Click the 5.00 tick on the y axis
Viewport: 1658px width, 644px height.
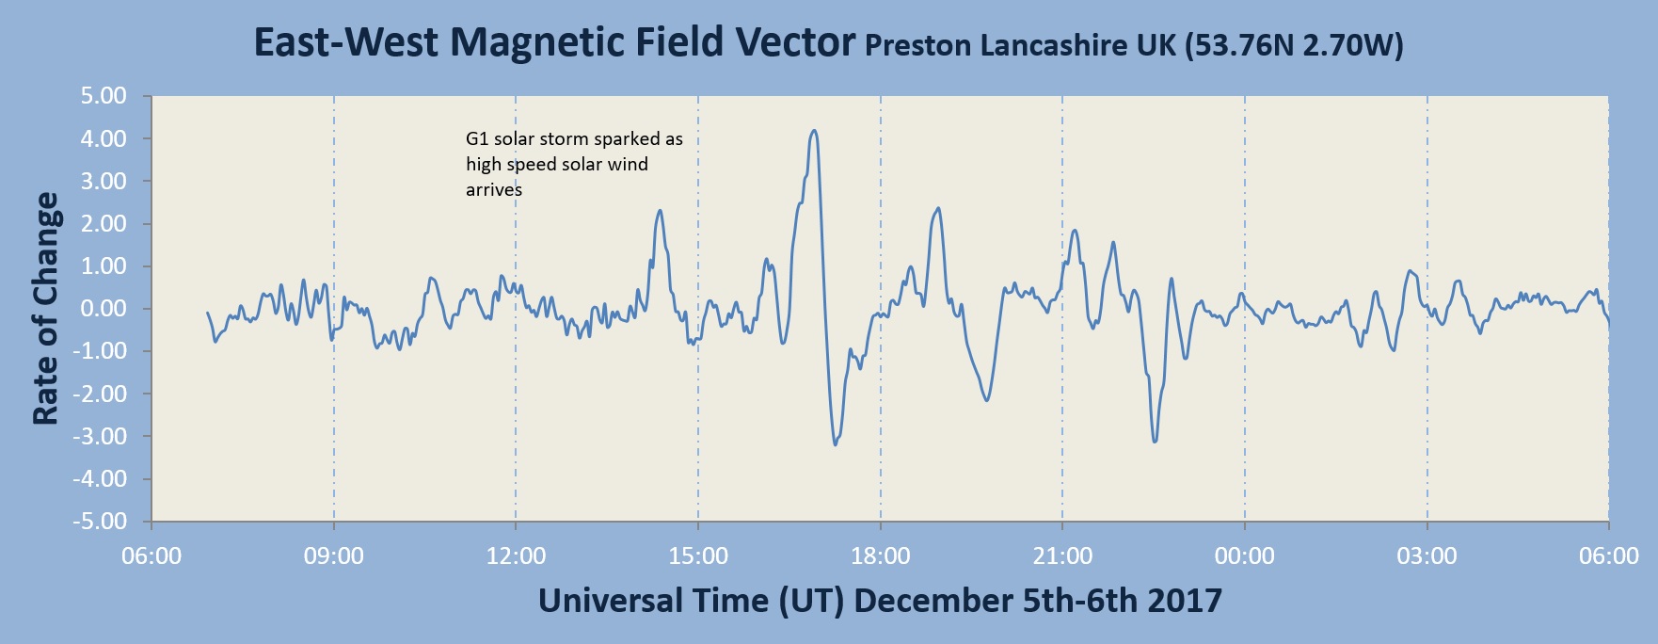point(104,96)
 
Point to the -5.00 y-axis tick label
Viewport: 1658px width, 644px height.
point(100,522)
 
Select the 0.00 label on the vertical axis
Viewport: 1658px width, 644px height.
point(104,309)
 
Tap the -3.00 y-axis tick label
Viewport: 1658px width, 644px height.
point(100,437)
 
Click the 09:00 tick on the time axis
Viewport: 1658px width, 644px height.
point(334,556)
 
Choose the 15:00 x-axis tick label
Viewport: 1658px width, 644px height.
point(698,556)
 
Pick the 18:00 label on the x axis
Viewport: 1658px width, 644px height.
point(881,556)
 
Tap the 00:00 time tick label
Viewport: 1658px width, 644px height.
point(1245,556)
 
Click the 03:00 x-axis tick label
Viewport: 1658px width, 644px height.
point(1427,556)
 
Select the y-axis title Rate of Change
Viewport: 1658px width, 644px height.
point(46,309)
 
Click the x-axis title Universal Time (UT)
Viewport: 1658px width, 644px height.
point(692,601)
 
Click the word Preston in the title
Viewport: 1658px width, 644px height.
point(917,45)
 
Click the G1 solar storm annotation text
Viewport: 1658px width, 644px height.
point(574,164)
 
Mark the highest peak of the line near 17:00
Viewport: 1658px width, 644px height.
point(814,131)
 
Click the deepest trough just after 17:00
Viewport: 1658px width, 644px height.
point(836,444)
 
